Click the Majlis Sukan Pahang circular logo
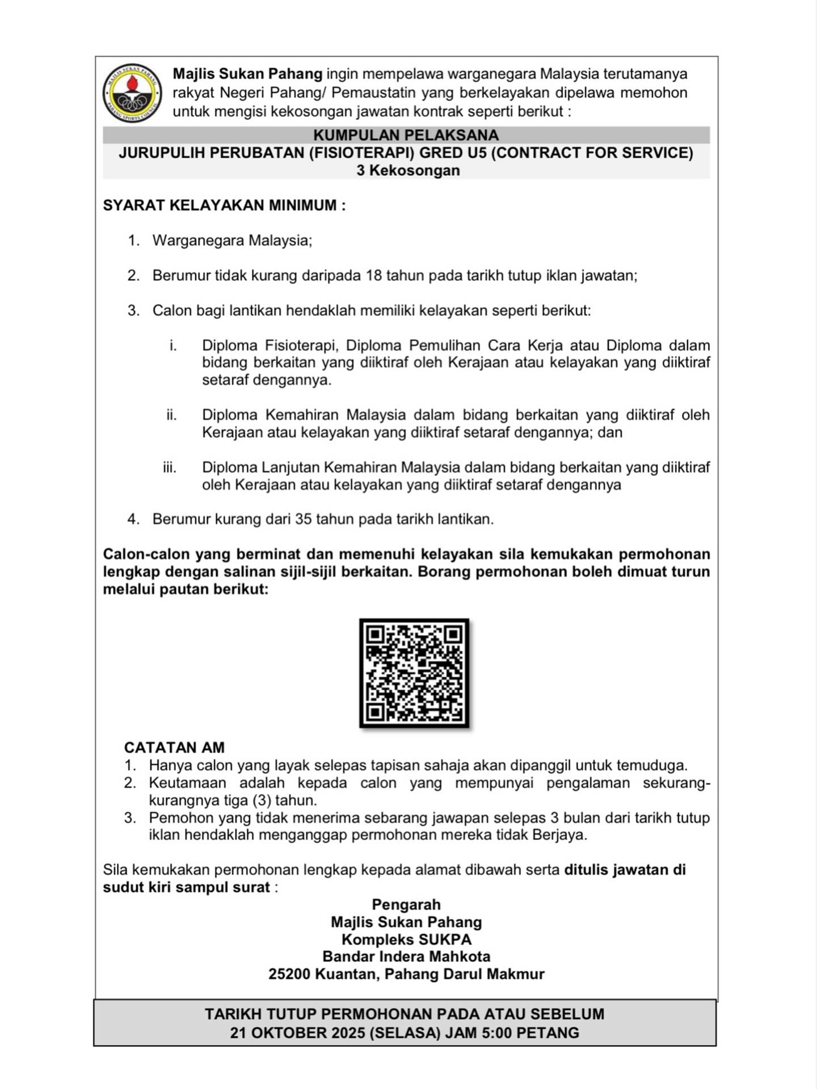(132, 93)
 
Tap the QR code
(414, 673)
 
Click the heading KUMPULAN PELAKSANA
(406, 136)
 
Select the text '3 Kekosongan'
(408, 171)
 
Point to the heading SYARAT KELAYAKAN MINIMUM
(224, 205)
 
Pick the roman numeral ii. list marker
(171, 415)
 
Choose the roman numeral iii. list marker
(170, 468)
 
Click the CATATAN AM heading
(174, 748)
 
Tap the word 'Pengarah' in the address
(406, 905)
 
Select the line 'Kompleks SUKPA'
(406, 940)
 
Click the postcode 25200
(289, 974)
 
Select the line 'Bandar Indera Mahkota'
(406, 957)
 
